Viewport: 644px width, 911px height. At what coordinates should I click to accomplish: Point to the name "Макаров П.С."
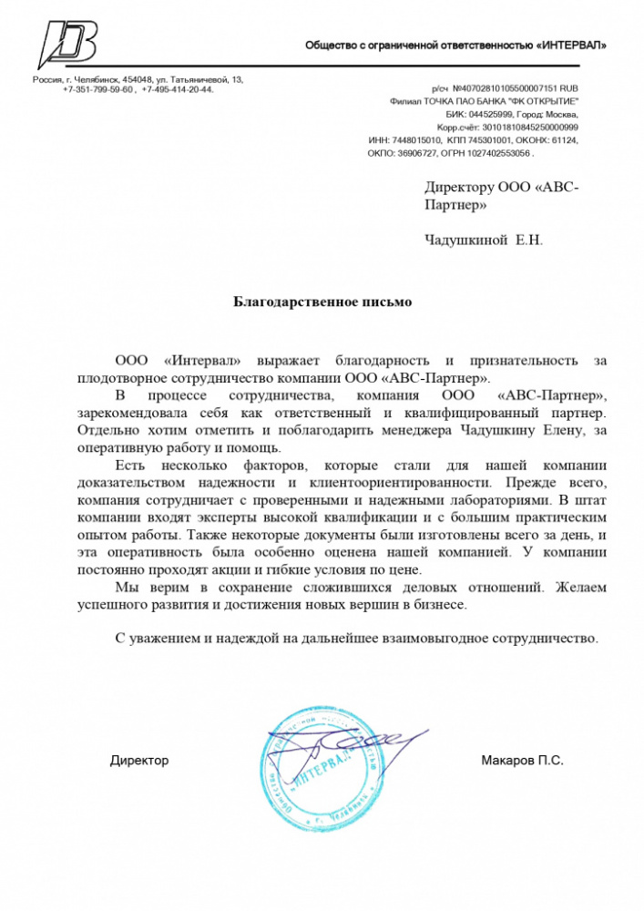pyautogui.click(x=522, y=760)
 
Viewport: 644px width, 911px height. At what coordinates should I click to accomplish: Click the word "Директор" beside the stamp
pyautogui.click(x=139, y=760)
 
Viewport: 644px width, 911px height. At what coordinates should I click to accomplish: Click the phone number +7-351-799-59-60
pyautogui.click(x=99, y=90)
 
